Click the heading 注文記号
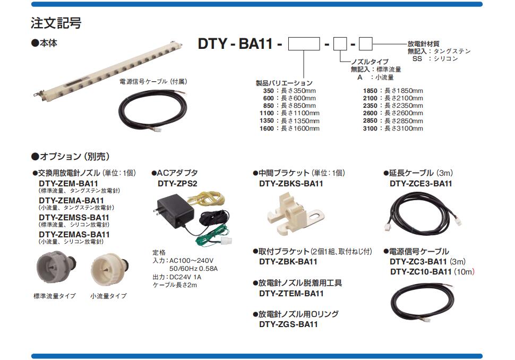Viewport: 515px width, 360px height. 56,24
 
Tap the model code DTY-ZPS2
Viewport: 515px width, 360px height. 177,184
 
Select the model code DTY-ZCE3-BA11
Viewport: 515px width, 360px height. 420,184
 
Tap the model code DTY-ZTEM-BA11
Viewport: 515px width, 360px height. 291,293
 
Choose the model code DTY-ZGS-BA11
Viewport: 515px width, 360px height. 288,324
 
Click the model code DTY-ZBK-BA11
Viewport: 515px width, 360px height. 288,262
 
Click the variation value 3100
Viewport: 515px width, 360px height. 370,128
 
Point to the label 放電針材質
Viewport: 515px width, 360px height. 423,44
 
